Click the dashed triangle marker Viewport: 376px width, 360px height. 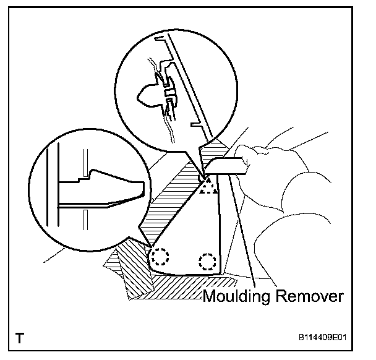(x=209, y=184)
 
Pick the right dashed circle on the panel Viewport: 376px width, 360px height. (x=208, y=261)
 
